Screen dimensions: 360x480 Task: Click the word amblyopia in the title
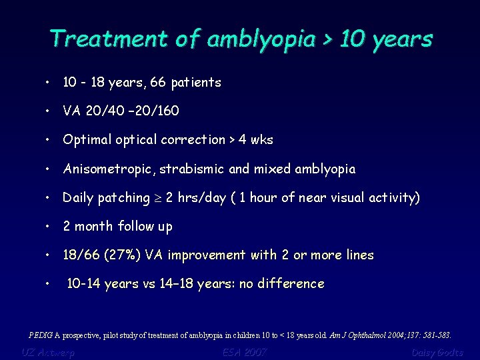click(x=261, y=39)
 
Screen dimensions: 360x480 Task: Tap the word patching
click(x=127, y=198)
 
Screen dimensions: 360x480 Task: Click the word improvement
click(x=208, y=255)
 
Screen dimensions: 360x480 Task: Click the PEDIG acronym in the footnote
click(x=42, y=335)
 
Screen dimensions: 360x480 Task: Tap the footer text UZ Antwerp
click(x=48, y=352)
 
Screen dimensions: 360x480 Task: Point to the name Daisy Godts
click(x=437, y=352)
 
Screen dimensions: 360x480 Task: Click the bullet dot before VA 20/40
click(x=49, y=111)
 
